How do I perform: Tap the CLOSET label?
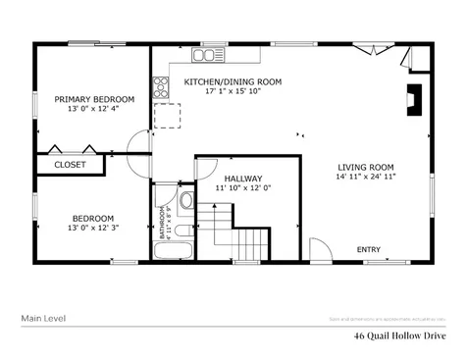click(69, 165)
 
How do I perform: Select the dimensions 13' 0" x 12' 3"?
click(91, 228)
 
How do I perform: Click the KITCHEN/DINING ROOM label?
click(233, 81)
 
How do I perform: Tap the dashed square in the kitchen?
click(167, 118)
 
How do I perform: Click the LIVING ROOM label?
click(366, 167)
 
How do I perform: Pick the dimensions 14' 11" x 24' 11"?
click(366, 178)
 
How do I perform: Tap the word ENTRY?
click(369, 249)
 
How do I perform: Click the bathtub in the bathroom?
click(175, 250)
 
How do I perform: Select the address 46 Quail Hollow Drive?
click(400, 335)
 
